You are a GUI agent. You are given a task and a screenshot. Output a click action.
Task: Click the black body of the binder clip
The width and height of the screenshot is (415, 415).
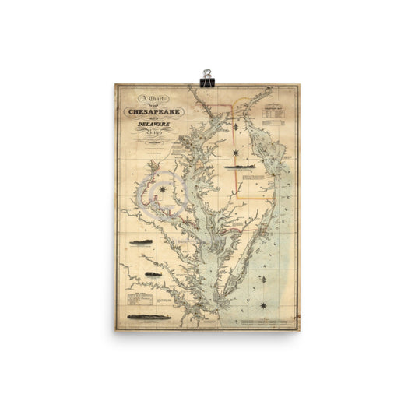(207, 80)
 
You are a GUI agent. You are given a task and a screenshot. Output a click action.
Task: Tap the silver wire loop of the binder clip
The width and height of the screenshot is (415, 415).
(207, 72)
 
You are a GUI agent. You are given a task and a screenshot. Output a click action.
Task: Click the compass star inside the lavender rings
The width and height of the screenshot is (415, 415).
(163, 189)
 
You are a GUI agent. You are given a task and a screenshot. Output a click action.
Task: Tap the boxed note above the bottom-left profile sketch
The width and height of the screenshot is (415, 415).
(145, 299)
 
